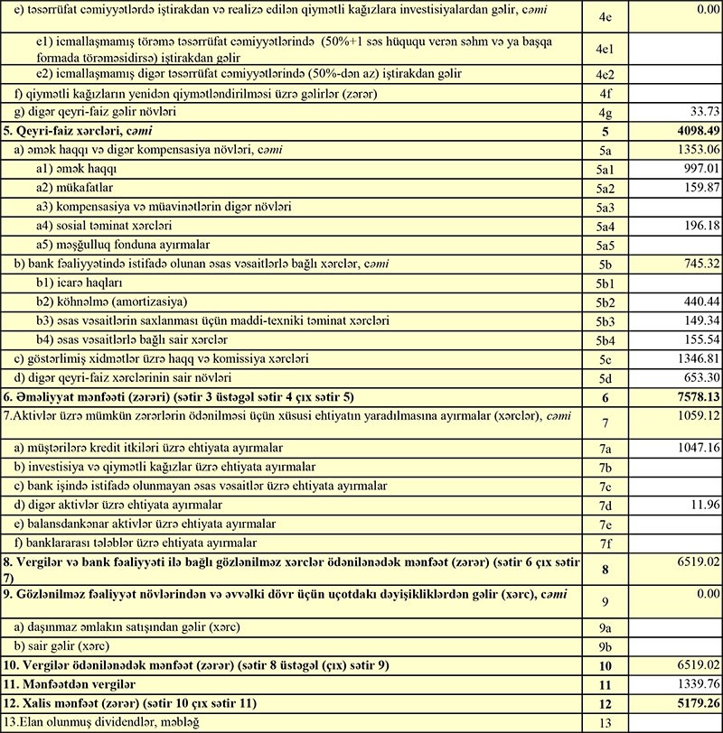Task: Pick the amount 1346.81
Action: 691,358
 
